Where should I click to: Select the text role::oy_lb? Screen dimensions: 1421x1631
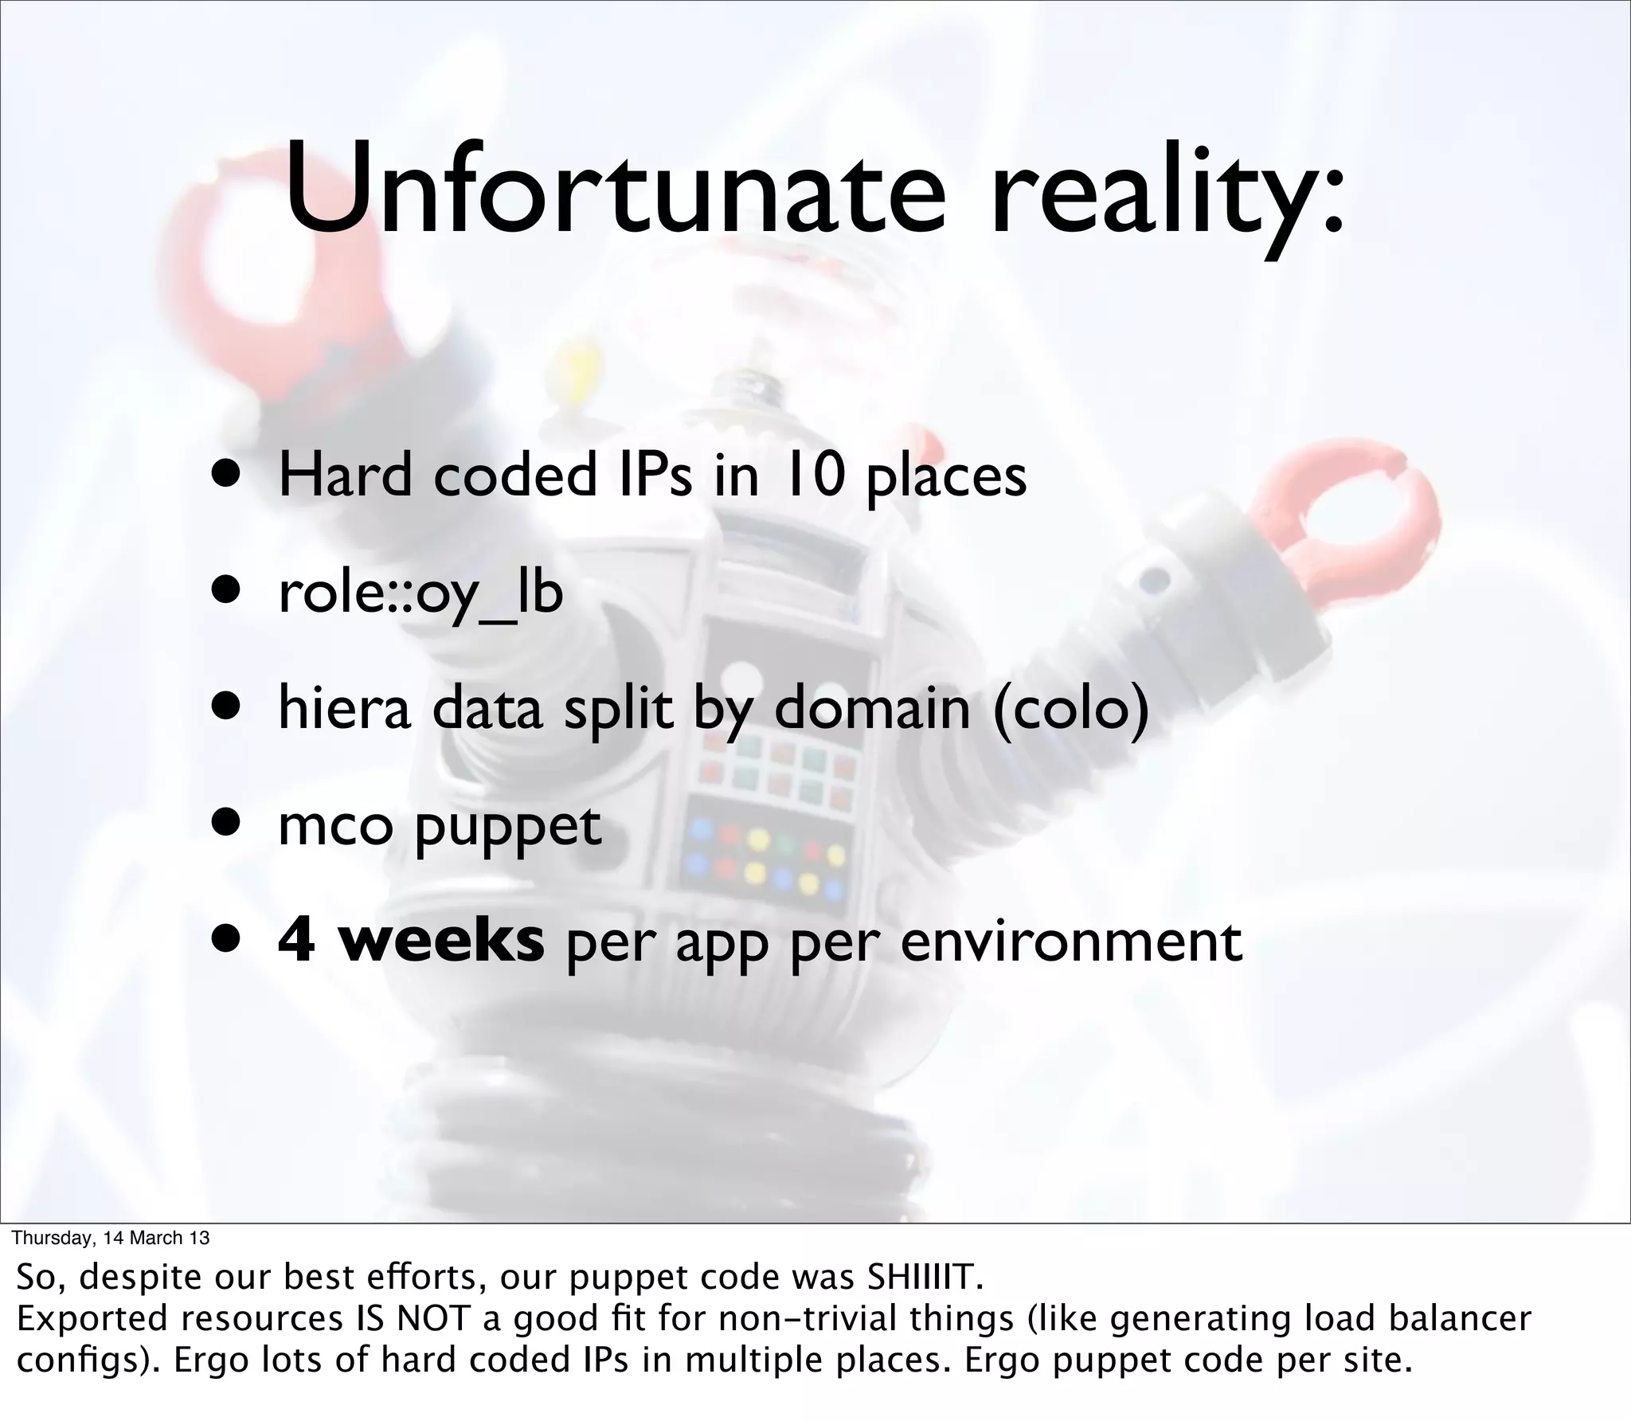[x=420, y=594]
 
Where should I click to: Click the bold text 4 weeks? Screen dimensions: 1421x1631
[x=411, y=941]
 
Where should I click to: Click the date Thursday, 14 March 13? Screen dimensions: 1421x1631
[x=111, y=1237]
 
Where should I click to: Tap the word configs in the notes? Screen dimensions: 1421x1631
[x=84, y=1360]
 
